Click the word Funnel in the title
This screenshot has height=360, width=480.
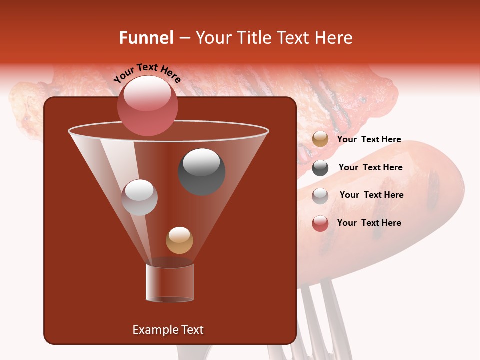coord(146,38)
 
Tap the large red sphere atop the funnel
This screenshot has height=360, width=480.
coord(148,105)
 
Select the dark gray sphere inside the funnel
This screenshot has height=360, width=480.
coord(201,171)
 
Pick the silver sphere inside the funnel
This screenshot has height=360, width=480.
coord(139,197)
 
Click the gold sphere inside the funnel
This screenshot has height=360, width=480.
coord(179,240)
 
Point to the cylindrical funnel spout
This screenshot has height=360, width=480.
coord(170,282)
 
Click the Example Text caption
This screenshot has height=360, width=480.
coord(168,330)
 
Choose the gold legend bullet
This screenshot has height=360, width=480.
coord(320,139)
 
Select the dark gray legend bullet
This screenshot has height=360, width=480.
coord(320,168)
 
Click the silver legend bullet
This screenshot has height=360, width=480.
coord(320,195)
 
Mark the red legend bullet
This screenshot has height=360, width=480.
coord(320,223)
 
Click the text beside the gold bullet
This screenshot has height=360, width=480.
coord(369,140)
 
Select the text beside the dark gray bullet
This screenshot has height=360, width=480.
coord(370,168)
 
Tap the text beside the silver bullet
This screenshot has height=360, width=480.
coord(371,195)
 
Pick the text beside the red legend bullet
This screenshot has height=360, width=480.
coord(369,223)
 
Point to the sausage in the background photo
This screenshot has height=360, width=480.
coord(380,210)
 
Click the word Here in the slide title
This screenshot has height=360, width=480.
coord(333,38)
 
